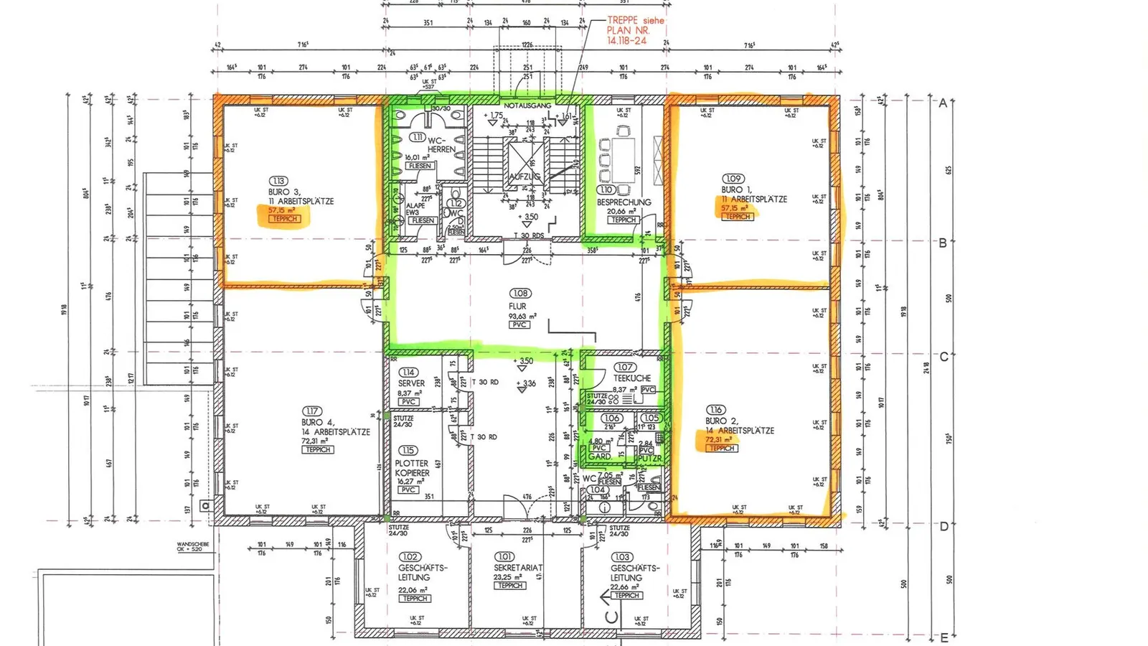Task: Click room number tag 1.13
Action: click(x=278, y=181)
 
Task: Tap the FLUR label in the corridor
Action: click(x=517, y=306)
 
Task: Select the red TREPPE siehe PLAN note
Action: click(x=634, y=31)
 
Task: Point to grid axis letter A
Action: click(x=943, y=103)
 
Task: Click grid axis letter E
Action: click(x=944, y=637)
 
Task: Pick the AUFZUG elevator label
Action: click(x=524, y=176)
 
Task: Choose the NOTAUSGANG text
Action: click(x=527, y=106)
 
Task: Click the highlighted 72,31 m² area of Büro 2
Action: click(x=719, y=439)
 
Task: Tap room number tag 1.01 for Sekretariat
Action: click(x=504, y=556)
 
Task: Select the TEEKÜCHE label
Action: click(x=632, y=378)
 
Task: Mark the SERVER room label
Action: click(x=411, y=383)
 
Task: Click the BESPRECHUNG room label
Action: click(x=624, y=202)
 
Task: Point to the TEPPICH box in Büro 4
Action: click(x=318, y=449)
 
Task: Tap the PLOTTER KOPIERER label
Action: click(x=412, y=468)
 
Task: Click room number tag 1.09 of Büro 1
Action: click(x=733, y=179)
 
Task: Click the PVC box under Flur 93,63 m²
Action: click(x=519, y=324)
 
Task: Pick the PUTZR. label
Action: click(x=649, y=458)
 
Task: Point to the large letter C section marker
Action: click(x=611, y=616)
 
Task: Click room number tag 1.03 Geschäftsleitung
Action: click(x=621, y=557)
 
